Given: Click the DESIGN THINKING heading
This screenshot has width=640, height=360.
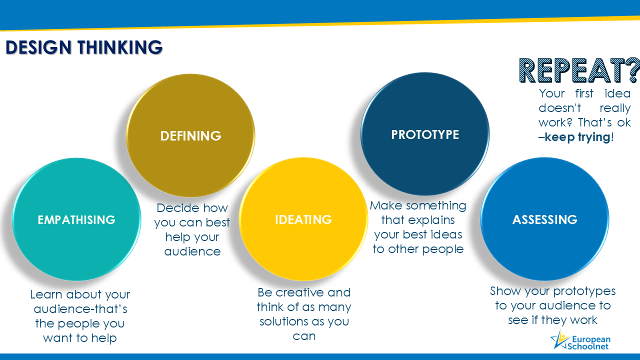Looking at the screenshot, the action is coord(84,47).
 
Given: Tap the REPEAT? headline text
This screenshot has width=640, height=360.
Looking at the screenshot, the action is coord(579,70).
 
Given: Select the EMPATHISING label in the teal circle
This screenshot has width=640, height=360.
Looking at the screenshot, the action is coord(76,219).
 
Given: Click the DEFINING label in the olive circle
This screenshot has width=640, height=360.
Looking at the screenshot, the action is coord(191,135).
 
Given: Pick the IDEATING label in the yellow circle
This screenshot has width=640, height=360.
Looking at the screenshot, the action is coord(303,219).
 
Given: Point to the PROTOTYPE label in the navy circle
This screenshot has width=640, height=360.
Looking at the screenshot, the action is coord(425,134).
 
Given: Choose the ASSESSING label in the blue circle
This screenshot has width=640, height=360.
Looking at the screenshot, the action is coord(545,219).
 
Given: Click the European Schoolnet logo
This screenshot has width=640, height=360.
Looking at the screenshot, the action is coord(580,340).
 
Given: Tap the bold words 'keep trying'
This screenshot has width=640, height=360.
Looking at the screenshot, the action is coord(577,137).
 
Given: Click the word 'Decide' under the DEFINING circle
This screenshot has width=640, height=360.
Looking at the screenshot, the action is coord(174,207).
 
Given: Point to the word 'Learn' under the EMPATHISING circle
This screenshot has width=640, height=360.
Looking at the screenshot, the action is coord(46,294).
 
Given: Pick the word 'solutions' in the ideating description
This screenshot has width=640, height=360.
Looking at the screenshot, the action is coord(283,321).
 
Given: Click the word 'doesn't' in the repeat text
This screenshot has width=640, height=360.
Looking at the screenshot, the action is coord(559,107).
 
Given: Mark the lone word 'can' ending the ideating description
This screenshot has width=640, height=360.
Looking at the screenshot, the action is coord(304,336).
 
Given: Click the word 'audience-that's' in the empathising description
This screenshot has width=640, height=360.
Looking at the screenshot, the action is coord(80,309).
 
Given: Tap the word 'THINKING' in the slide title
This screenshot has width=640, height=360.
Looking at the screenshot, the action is coord(120,47).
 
